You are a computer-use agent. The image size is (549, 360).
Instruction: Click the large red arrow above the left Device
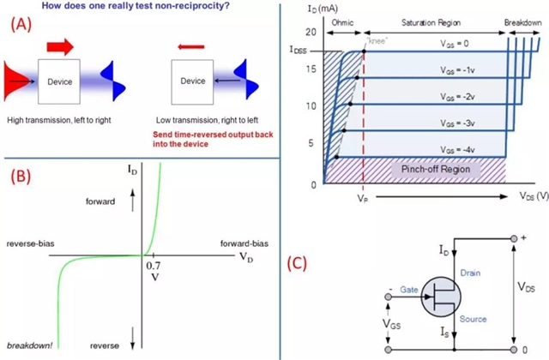click(x=62, y=42)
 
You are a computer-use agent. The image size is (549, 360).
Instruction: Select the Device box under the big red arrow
click(x=60, y=81)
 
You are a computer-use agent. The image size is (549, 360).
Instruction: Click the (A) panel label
click(x=22, y=25)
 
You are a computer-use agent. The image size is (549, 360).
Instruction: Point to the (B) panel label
click(x=21, y=177)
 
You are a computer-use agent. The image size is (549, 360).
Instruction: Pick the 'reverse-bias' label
click(x=33, y=242)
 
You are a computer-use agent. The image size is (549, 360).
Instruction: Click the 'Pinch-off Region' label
click(x=435, y=169)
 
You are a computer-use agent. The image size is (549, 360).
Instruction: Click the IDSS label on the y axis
click(x=298, y=51)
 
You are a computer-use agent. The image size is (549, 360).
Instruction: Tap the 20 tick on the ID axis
click(x=311, y=32)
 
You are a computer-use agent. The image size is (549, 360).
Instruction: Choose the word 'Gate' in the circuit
click(x=408, y=289)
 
